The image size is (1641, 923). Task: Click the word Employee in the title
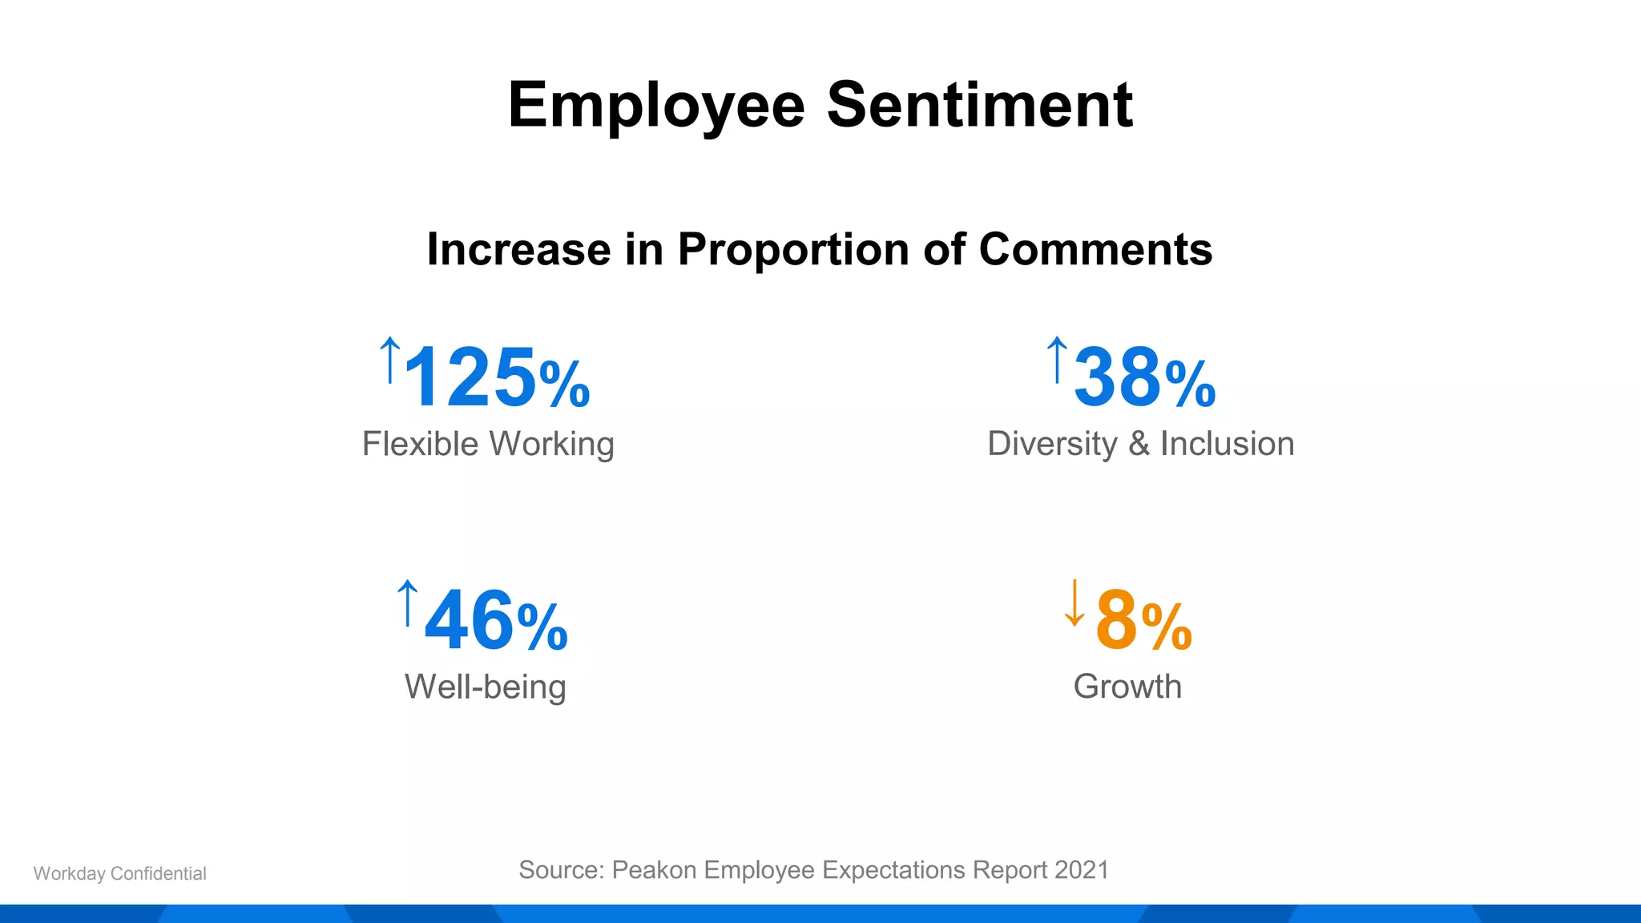click(655, 106)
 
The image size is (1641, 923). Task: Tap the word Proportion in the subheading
click(793, 249)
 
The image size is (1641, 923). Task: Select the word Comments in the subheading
click(1095, 249)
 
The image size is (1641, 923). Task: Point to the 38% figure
click(1144, 377)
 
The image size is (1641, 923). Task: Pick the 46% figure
click(496, 620)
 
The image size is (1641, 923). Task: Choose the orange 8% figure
click(1143, 620)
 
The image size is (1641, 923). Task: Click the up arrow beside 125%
click(389, 360)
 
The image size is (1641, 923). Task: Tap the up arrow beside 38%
click(1057, 360)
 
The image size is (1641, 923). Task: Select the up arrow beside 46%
click(408, 603)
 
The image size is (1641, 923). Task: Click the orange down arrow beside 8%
click(1075, 603)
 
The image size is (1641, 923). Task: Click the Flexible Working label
click(488, 444)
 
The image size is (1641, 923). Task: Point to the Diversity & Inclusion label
click(1140, 444)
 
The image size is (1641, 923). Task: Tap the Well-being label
click(486, 687)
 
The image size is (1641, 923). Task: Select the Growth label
click(1127, 687)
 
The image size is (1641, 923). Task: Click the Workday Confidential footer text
click(120, 873)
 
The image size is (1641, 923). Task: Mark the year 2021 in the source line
click(1082, 870)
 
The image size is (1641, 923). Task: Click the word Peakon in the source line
click(654, 870)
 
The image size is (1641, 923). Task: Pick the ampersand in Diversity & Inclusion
click(1139, 444)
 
